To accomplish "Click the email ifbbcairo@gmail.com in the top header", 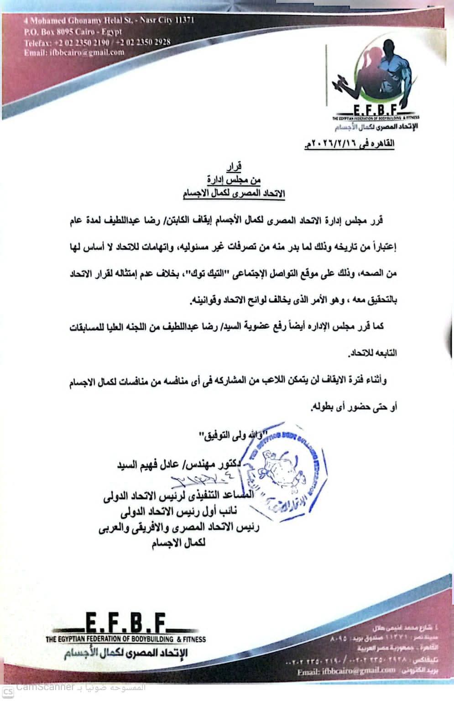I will tap(74, 52).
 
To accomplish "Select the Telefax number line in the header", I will tap(97, 42).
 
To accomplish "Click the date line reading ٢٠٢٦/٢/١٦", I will tap(348, 144).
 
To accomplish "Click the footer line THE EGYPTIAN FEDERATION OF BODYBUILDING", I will tap(126, 639).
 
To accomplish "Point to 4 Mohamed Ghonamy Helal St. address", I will tap(97, 21).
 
